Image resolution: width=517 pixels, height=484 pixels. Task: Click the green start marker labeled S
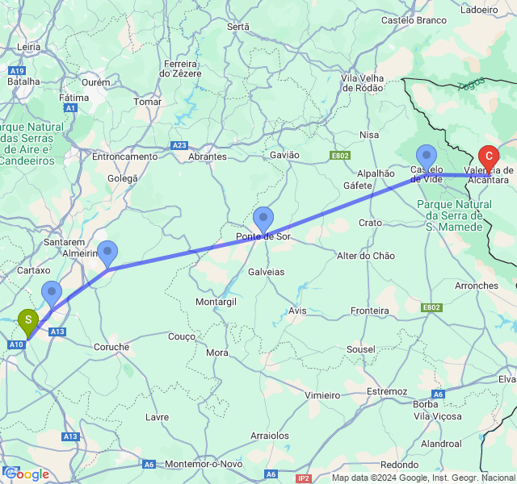point(28,321)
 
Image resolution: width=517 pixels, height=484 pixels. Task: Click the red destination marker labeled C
point(488,155)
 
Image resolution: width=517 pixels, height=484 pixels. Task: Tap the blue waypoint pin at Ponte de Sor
point(263,218)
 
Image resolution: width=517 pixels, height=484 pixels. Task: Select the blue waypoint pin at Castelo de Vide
point(426,156)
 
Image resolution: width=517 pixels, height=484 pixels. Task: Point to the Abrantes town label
point(207,157)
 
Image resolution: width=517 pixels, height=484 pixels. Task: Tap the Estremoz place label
point(387,391)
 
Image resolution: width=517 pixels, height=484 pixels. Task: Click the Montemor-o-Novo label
point(203,465)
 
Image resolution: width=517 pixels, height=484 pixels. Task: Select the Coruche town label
point(111,347)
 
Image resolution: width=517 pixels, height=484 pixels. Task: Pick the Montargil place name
point(216,302)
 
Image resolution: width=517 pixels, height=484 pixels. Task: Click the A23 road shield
point(179,145)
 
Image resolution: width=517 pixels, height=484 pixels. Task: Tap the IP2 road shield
point(304,478)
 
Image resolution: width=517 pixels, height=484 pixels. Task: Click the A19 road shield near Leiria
point(16,70)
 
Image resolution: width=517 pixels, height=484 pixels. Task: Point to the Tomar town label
point(147,102)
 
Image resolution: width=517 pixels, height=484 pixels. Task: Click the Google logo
point(26,474)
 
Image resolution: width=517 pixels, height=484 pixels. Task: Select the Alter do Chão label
point(366,256)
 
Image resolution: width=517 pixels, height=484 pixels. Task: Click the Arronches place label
point(477,286)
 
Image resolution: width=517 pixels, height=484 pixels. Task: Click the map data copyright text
point(423,478)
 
